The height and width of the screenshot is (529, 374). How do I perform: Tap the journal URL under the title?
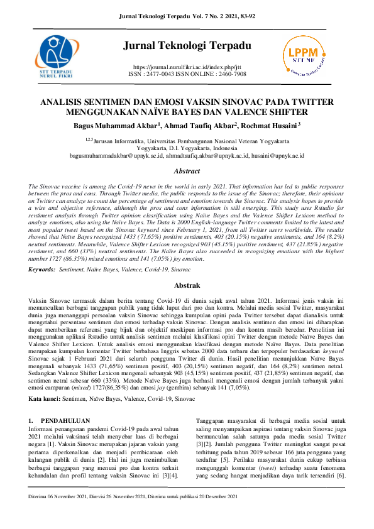(187, 67)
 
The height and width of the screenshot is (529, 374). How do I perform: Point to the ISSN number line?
(187, 74)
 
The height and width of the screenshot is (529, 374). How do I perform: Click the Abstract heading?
(187, 172)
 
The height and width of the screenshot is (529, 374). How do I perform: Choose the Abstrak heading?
(187, 285)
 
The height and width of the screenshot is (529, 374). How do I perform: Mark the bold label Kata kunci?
(44, 399)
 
